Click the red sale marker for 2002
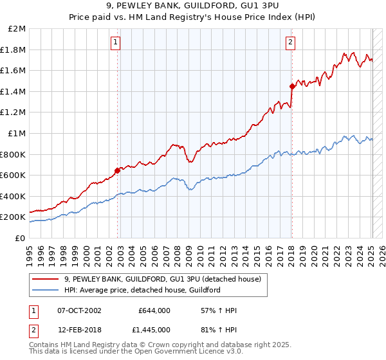pyautogui.click(x=118, y=170)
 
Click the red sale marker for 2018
pyautogui.click(x=292, y=86)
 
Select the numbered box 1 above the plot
pyautogui.click(x=115, y=42)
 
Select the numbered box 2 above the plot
pyautogui.click(x=290, y=42)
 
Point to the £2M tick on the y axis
pyautogui.click(x=17, y=29)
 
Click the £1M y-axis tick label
pyautogui.click(x=17, y=134)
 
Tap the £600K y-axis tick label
pyautogui.click(x=14, y=175)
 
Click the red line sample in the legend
pyautogui.click(x=46, y=279)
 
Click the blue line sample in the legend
pyautogui.click(x=46, y=290)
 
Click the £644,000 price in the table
pyautogui.click(x=154, y=310)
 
